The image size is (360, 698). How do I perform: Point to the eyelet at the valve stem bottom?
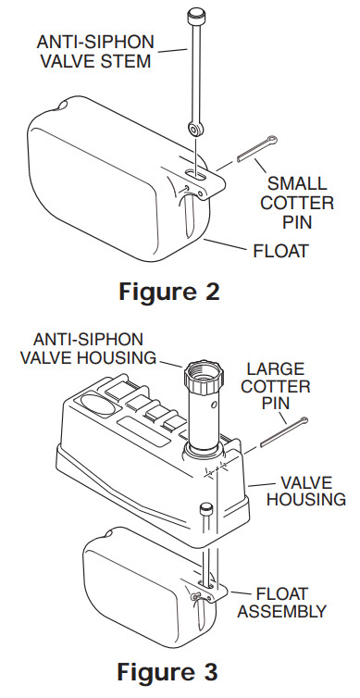pyautogui.click(x=196, y=129)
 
